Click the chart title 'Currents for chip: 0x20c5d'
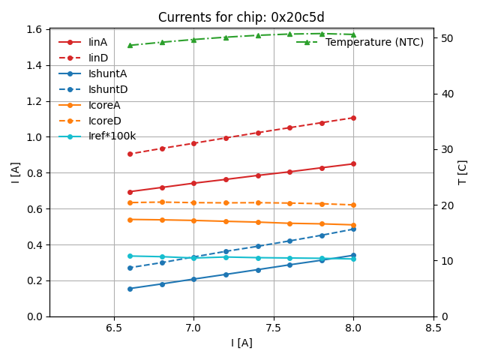pyautogui.click(x=241, y=17)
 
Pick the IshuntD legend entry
pyautogui.click(x=107, y=89)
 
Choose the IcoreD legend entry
pyautogui.click(x=104, y=121)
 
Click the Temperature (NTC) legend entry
pyautogui.click(x=373, y=42)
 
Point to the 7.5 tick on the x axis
pyautogui.click(x=274, y=328)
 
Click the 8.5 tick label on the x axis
pyautogui.click(x=433, y=328)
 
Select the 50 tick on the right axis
pyautogui.click(x=443, y=38)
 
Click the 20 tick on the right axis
pyautogui.click(x=443, y=205)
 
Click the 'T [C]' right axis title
pyautogui.click(x=463, y=172)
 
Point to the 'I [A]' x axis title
pyautogui.click(x=241, y=343)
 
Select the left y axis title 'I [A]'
pyautogui.click(x=15, y=172)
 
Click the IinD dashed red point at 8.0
pyautogui.click(x=353, y=118)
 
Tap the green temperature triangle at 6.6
pyautogui.click(x=130, y=45)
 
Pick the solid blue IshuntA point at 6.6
pyautogui.click(x=130, y=289)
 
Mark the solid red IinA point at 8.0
pyautogui.click(x=353, y=163)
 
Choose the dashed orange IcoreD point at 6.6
pyautogui.click(x=130, y=202)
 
